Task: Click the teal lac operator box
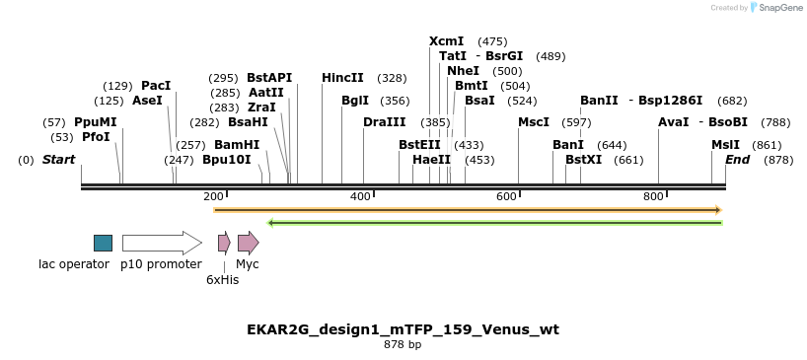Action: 103,243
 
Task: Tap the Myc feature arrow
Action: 248,243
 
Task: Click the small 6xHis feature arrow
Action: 224,243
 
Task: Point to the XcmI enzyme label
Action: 446,41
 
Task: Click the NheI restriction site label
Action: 463,71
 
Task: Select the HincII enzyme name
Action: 342,78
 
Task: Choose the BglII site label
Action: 355,101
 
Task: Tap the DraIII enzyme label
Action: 384,122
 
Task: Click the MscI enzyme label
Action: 534,122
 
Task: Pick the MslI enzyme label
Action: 725,145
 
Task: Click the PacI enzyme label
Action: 156,86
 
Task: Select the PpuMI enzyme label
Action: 95,122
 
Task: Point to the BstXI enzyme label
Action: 583,160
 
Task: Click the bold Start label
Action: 58,160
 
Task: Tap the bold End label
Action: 737,160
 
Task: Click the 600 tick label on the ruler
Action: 506,197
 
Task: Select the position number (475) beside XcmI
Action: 492,41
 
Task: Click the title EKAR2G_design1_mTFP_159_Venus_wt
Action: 403,329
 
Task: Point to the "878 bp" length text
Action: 403,345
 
